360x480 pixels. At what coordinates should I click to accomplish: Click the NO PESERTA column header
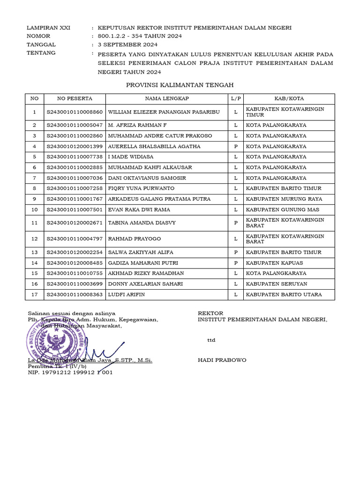[x=75, y=98]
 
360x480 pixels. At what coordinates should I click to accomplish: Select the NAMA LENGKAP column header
[x=166, y=98]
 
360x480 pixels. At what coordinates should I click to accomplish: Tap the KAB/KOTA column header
[x=289, y=98]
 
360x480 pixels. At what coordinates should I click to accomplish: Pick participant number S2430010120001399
[x=75, y=146]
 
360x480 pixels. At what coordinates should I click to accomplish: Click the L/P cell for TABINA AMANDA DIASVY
[x=235, y=223]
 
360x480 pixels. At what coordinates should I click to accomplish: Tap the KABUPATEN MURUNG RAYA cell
[x=284, y=199]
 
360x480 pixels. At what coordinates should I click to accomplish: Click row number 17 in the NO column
[x=34, y=294]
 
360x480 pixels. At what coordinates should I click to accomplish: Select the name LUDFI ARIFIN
[x=126, y=294]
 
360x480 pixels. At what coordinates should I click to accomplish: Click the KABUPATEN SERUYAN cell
[x=277, y=284]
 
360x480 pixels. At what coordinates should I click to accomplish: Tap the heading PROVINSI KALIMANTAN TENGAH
[x=180, y=85]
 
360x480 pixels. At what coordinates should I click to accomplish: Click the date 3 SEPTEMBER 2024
[x=127, y=45]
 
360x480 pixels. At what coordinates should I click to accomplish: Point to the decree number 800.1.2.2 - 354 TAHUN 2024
[x=140, y=36]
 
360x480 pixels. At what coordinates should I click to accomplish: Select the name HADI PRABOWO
[x=222, y=360]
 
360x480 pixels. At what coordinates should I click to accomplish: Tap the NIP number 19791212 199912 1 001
[x=70, y=373]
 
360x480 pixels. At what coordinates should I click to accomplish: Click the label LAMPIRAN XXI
[x=48, y=28]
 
